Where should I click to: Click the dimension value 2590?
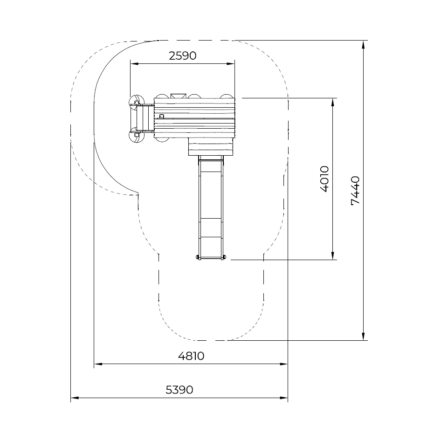pos(183,55)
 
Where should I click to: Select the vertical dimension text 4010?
pos(324,179)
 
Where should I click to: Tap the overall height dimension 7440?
pos(355,191)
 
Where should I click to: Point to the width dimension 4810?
pos(191,356)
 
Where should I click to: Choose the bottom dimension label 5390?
pos(179,390)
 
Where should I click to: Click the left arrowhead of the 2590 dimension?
pos(134,64)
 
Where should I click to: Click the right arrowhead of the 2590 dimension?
pos(231,64)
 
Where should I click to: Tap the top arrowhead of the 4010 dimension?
pos(333,102)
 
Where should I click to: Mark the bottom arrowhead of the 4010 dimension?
pos(333,256)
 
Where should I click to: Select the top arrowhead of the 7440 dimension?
pos(363,44)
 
